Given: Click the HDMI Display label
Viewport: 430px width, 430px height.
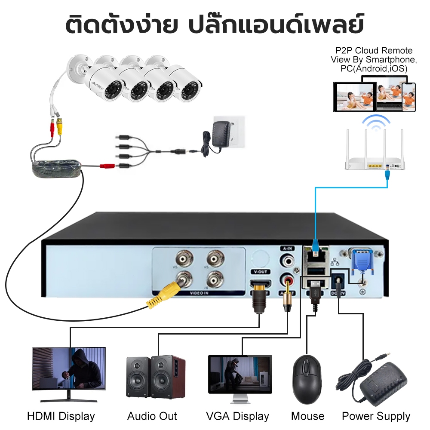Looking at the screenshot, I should point(61,416).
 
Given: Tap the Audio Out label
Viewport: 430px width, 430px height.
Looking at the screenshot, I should point(152,416).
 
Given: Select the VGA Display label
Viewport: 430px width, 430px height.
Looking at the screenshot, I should point(237,416).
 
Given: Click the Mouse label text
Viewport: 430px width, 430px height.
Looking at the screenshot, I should point(307,416).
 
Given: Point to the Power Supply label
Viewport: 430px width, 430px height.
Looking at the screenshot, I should point(376,416).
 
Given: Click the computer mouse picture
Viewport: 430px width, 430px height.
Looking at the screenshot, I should point(307,378).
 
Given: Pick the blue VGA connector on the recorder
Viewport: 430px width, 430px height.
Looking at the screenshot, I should point(361,262).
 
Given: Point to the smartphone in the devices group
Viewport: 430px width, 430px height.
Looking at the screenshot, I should point(409,97).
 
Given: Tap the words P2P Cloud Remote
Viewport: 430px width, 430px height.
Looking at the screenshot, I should point(374,51).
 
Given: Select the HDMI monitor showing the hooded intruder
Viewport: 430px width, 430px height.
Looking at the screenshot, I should point(69,370).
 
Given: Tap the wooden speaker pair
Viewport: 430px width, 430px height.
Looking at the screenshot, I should point(155,376).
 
